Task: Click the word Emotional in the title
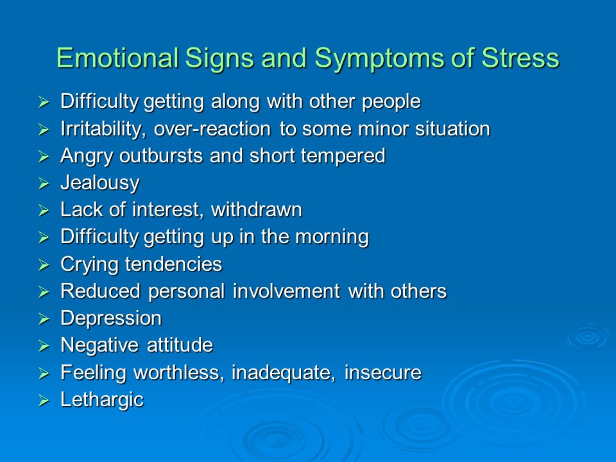tap(117, 58)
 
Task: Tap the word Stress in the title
tap(520, 58)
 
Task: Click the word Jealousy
tap(100, 183)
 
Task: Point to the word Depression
tap(111, 319)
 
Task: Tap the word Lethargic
tap(102, 400)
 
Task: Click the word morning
tap(332, 237)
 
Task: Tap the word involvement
tap(286, 291)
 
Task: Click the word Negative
tap(99, 345)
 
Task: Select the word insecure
tap(382, 372)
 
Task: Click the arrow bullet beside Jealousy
tap(44, 184)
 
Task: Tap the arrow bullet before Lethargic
tap(44, 400)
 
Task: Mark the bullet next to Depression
tap(44, 320)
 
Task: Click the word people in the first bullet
tap(391, 102)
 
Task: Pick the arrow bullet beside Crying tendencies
tap(44, 265)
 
